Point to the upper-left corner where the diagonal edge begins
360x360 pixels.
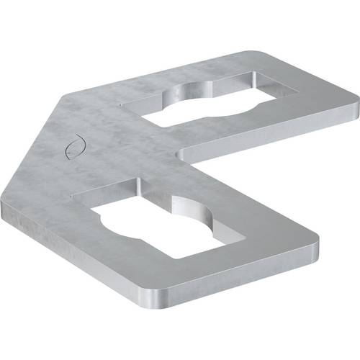click(x=72, y=96)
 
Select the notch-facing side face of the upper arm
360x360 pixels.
click(x=266, y=141)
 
